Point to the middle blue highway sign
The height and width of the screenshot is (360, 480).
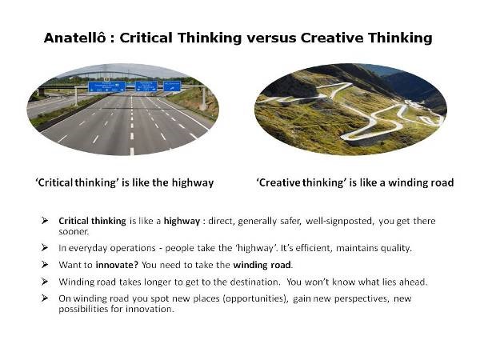145,86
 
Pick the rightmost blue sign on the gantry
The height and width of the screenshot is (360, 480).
171,86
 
